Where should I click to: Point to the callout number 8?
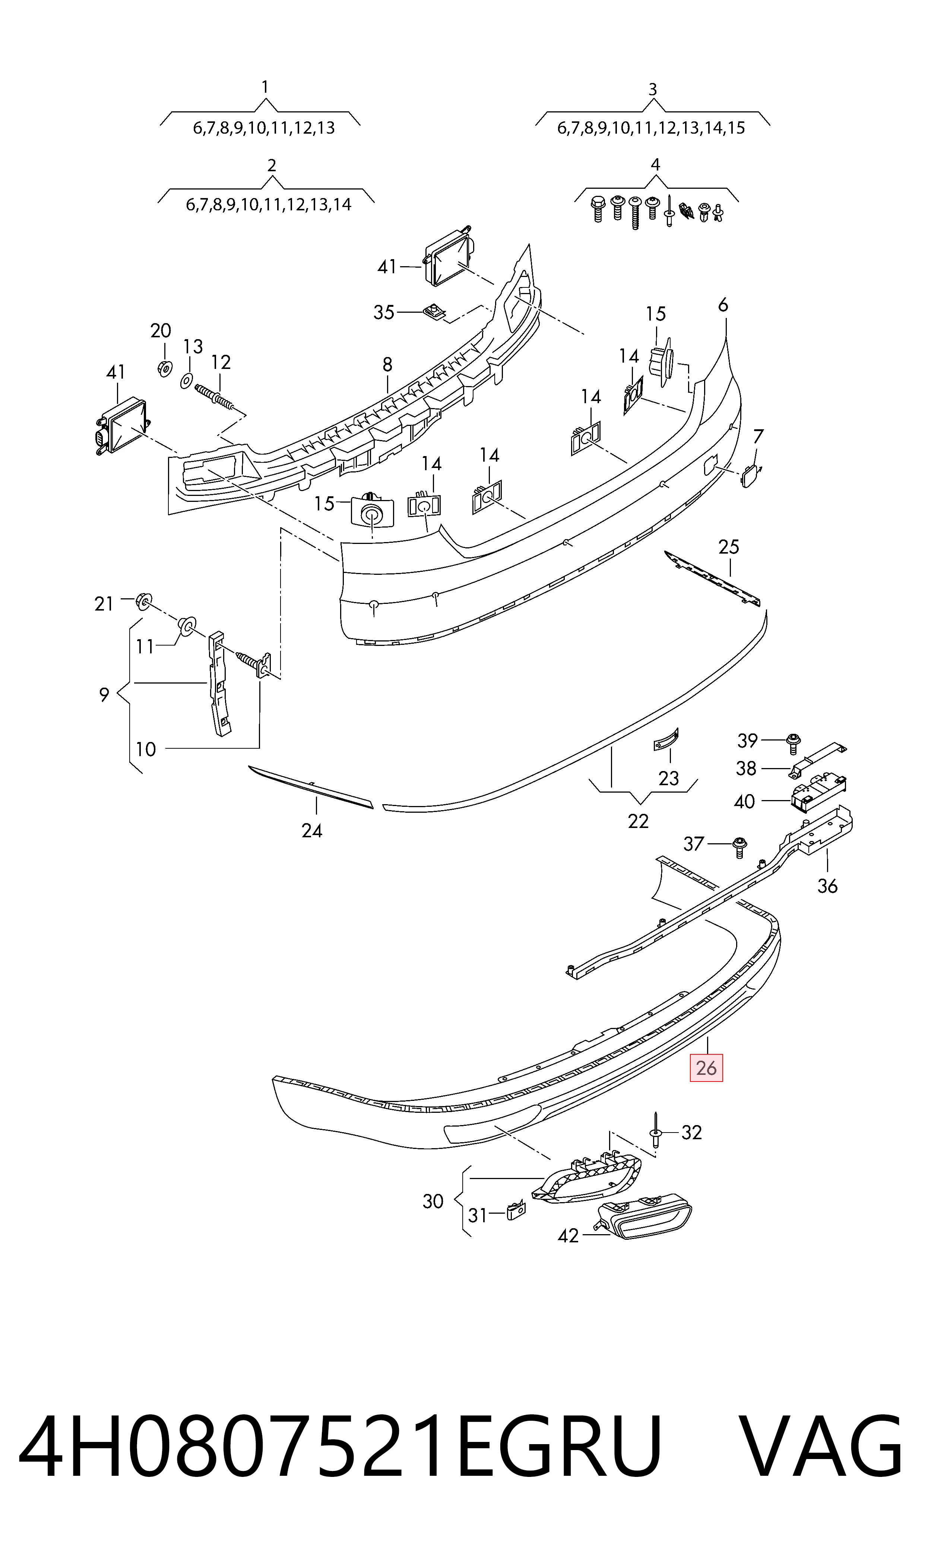coord(388,364)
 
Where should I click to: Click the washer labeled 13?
coord(186,380)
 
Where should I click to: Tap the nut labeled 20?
coord(163,368)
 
